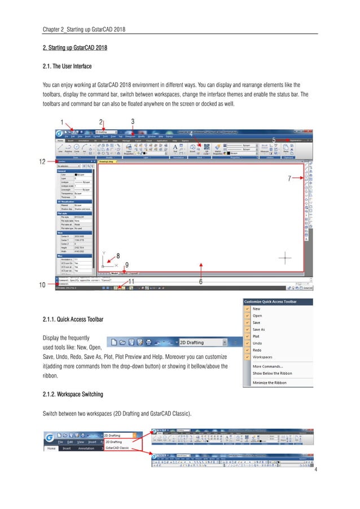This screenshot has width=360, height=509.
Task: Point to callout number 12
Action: click(x=42, y=162)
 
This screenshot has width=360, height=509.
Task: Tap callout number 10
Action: click(x=42, y=285)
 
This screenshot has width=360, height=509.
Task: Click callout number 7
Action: click(x=289, y=178)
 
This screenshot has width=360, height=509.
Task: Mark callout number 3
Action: click(x=132, y=121)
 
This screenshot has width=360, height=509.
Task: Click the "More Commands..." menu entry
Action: click(x=267, y=366)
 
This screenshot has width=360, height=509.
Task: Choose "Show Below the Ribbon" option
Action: click(x=272, y=373)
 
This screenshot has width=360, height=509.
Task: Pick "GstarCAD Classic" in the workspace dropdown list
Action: click(x=117, y=448)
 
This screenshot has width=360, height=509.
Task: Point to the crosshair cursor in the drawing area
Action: click(x=286, y=258)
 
